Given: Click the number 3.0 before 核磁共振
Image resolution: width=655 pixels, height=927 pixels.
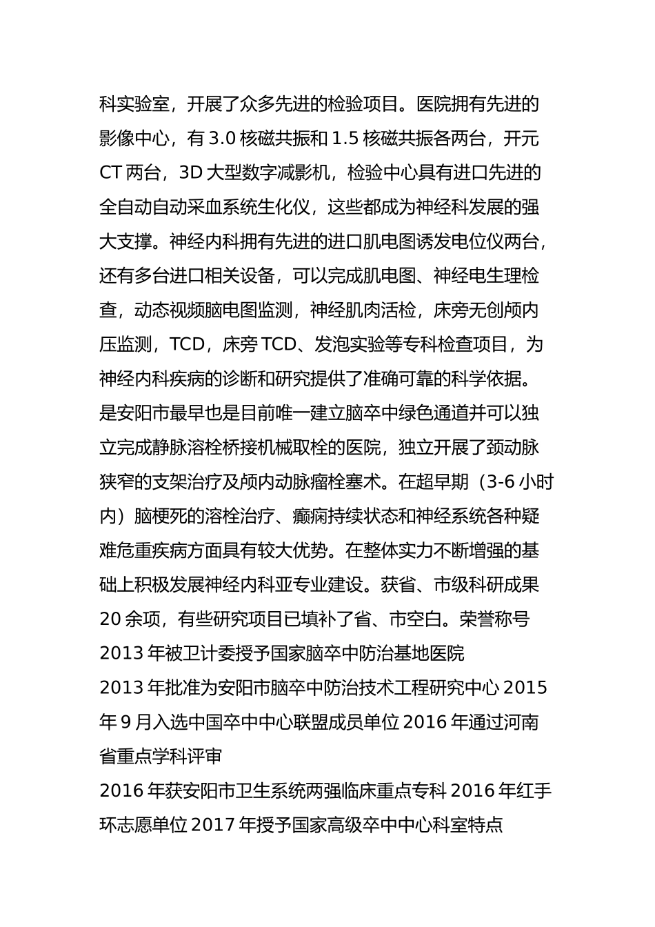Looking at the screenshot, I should [222, 139].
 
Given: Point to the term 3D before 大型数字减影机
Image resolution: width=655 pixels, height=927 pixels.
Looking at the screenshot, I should [190, 173].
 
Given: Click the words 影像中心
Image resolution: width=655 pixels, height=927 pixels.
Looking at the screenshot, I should [134, 139].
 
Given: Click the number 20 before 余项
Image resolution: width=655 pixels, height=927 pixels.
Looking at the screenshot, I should [110, 619].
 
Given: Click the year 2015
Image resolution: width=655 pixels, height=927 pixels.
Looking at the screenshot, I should [526, 688].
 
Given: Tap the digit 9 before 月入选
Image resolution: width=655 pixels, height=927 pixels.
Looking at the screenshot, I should [125, 722].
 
